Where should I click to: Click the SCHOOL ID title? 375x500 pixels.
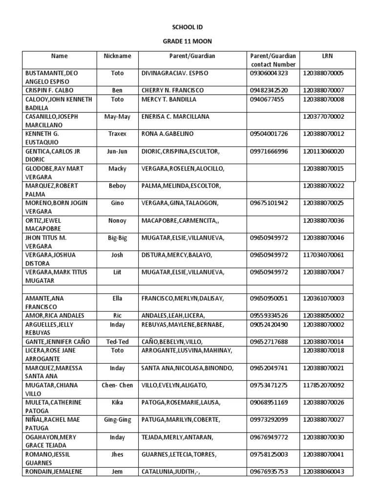point(187,29)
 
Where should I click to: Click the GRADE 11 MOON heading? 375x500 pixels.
point(187,42)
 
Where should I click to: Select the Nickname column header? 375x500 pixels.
point(118,56)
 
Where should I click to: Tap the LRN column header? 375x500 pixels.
point(327,56)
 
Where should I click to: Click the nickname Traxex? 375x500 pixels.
point(118,134)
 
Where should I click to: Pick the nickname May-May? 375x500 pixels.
point(118,117)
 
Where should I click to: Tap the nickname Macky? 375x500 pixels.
point(118,168)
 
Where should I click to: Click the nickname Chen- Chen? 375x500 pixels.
point(118,385)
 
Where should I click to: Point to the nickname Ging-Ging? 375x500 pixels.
point(118,419)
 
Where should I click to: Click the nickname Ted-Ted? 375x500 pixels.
point(118,342)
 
